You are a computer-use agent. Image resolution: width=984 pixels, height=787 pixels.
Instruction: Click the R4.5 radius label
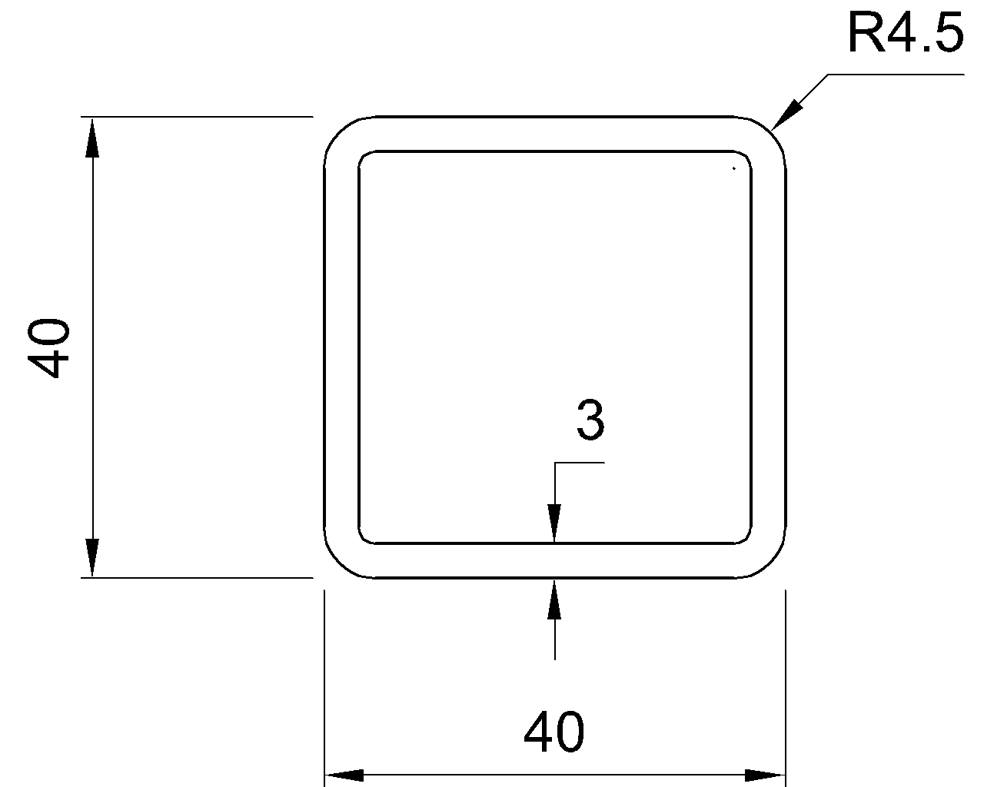(906, 33)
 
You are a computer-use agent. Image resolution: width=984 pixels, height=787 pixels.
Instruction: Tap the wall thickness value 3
(590, 420)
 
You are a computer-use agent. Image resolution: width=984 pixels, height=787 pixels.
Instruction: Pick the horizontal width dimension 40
(553, 732)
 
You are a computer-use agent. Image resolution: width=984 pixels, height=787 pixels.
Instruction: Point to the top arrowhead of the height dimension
(92, 138)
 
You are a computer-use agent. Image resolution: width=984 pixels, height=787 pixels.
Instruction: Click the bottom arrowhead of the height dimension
(92, 557)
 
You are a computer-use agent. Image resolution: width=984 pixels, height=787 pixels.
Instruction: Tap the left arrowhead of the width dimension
(344, 775)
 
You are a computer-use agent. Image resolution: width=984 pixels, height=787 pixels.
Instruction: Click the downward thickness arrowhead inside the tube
(554, 523)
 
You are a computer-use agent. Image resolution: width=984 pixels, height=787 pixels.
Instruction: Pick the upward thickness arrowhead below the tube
(554, 599)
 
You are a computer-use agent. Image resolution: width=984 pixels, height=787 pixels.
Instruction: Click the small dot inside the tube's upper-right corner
(734, 168)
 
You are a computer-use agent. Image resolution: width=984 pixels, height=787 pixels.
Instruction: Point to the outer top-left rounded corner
(339, 131)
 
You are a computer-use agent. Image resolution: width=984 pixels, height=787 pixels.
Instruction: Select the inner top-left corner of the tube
(364, 155)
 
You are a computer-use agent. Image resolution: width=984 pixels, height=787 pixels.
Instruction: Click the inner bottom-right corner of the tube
(747, 539)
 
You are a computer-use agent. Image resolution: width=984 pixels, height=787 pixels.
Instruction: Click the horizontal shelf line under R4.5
(896, 74)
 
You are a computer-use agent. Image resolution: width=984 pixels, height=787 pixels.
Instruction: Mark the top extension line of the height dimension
(197, 117)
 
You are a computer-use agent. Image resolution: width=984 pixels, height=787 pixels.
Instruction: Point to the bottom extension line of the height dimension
(197, 578)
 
